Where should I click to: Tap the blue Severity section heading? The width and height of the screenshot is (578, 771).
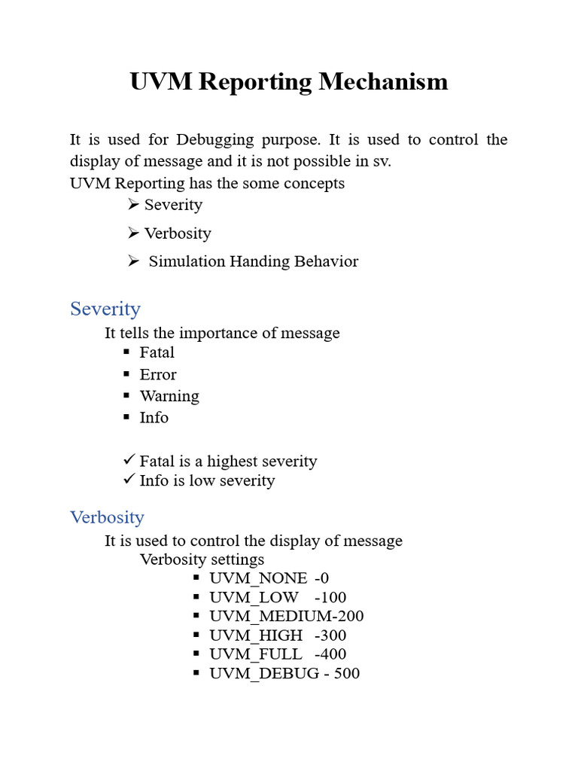(x=105, y=309)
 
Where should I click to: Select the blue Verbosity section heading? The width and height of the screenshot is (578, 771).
(x=107, y=517)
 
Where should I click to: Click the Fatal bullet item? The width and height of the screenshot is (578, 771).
(x=157, y=352)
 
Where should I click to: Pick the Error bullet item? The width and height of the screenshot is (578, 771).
(x=158, y=374)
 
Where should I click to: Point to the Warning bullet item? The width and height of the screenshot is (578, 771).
(x=169, y=396)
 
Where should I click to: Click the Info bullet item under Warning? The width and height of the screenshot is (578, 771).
(x=154, y=417)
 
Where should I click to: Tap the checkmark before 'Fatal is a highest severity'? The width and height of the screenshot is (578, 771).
(x=129, y=459)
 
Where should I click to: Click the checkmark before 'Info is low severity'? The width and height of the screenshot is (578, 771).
(x=129, y=479)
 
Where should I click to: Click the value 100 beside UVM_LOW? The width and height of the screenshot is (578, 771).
(x=331, y=597)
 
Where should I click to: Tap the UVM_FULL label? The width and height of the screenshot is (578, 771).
(x=256, y=654)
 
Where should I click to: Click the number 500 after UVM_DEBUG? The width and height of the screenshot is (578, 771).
(x=346, y=673)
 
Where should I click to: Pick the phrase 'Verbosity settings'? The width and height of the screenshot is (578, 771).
(x=202, y=559)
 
